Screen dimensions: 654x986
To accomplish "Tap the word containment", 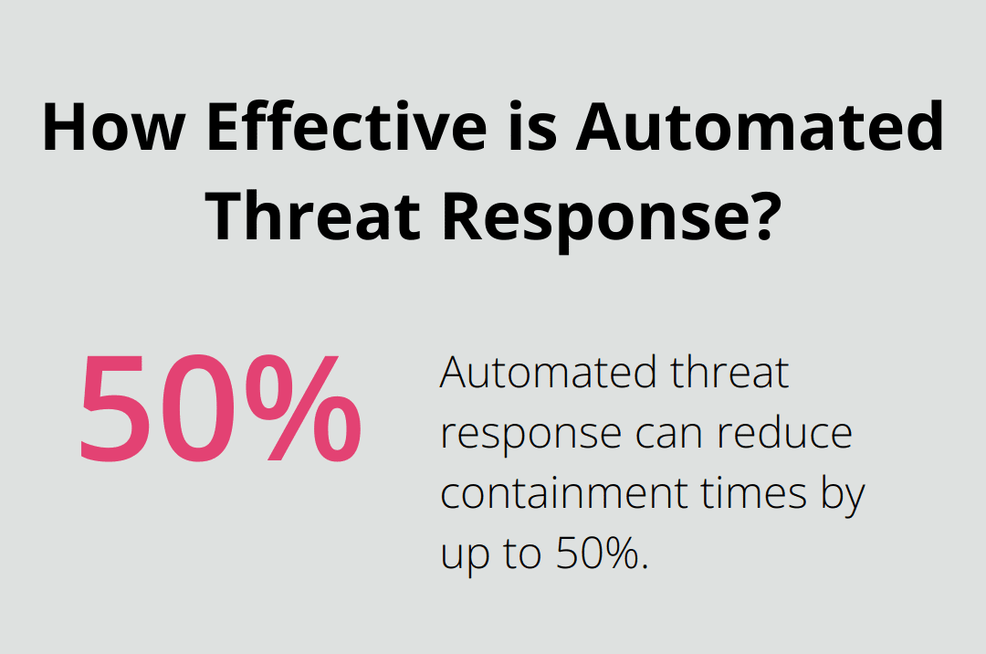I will (565, 493).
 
